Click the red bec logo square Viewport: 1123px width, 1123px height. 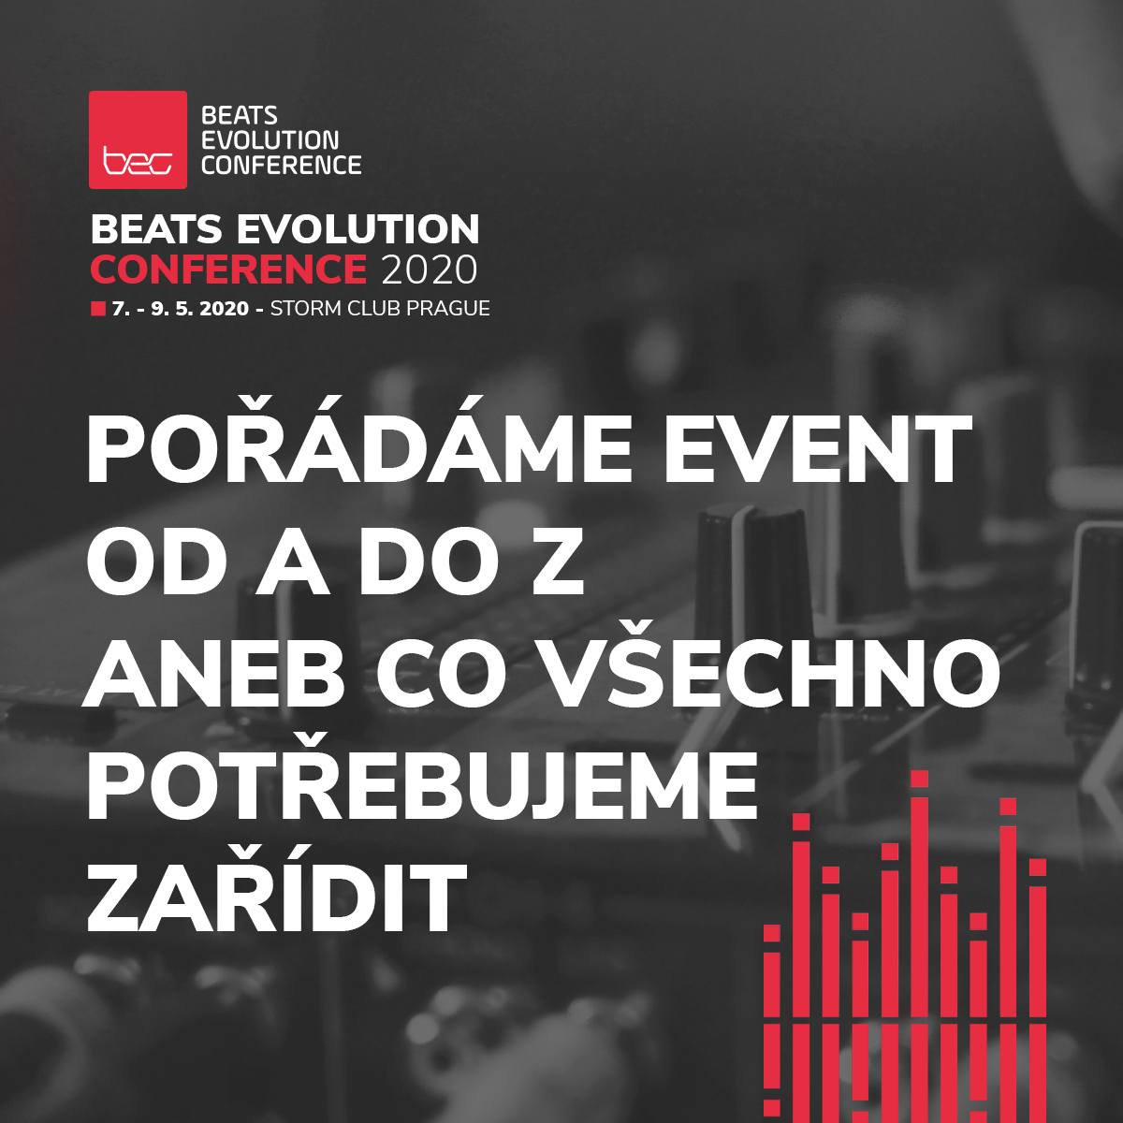click(x=138, y=139)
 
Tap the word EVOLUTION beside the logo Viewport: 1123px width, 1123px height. click(x=270, y=140)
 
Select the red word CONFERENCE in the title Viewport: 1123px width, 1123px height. click(x=228, y=270)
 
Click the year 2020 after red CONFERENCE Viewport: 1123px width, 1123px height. click(x=430, y=270)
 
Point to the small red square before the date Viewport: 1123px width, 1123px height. click(x=97, y=309)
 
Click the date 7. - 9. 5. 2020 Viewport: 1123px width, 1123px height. click(x=181, y=309)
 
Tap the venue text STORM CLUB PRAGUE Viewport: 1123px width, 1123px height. click(x=380, y=309)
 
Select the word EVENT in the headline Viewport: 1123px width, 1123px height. click(x=818, y=449)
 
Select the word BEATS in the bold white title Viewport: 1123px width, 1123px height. click(x=156, y=230)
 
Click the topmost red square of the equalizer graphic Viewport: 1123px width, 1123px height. click(x=919, y=779)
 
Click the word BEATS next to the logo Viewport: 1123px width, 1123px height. click(x=240, y=116)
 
